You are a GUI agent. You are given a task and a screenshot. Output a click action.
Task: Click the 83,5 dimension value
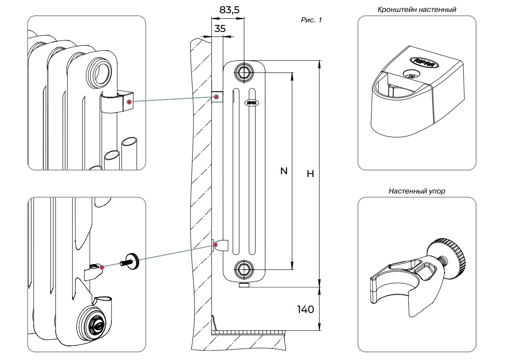click(x=230, y=10)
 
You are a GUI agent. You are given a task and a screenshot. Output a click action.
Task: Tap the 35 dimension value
click(x=220, y=28)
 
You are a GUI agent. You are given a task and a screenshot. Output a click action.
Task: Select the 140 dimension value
click(x=305, y=309)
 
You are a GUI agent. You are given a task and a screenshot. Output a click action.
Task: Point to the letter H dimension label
click(x=310, y=174)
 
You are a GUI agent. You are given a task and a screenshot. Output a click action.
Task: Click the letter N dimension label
click(x=283, y=171)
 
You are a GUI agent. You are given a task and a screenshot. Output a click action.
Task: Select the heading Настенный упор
click(x=417, y=191)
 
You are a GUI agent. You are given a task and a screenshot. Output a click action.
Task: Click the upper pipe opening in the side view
click(x=243, y=71)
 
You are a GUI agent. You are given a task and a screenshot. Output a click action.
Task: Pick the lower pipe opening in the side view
click(x=243, y=269)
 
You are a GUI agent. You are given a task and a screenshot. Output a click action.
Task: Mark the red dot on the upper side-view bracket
click(x=217, y=97)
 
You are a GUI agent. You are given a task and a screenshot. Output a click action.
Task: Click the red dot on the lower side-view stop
click(x=217, y=245)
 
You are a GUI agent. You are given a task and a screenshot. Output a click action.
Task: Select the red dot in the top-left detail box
click(x=130, y=102)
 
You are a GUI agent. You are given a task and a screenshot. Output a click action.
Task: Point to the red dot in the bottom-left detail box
click(x=102, y=267)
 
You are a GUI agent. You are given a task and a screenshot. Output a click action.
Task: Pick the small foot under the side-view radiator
click(x=244, y=286)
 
